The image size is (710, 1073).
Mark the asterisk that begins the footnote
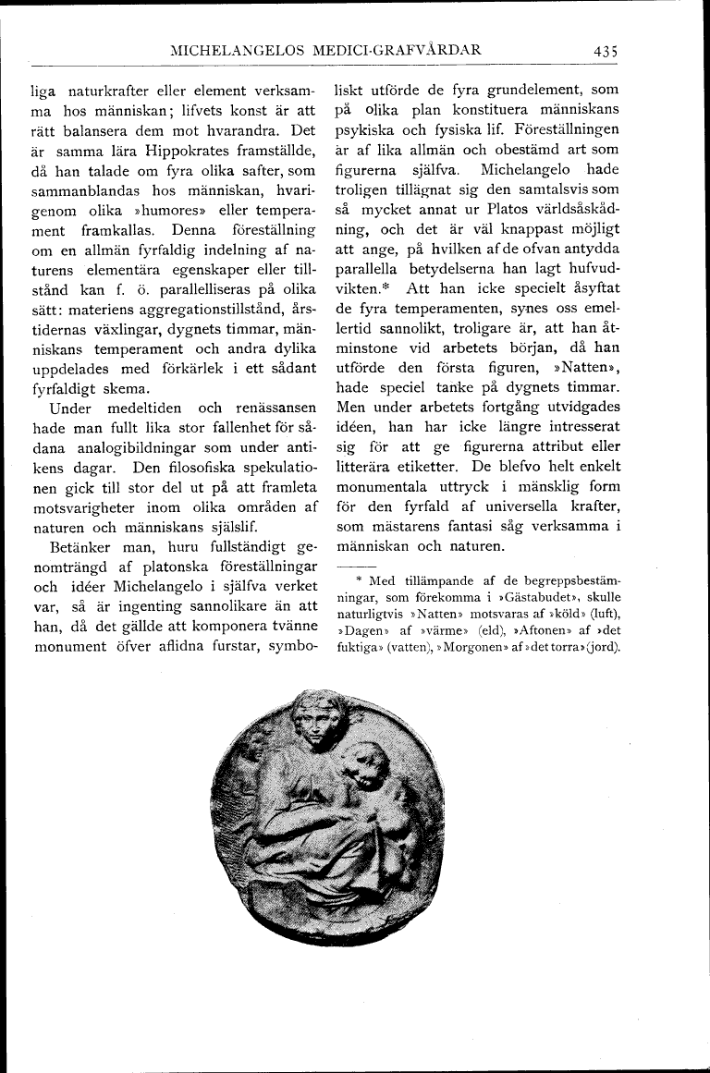click(358, 580)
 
